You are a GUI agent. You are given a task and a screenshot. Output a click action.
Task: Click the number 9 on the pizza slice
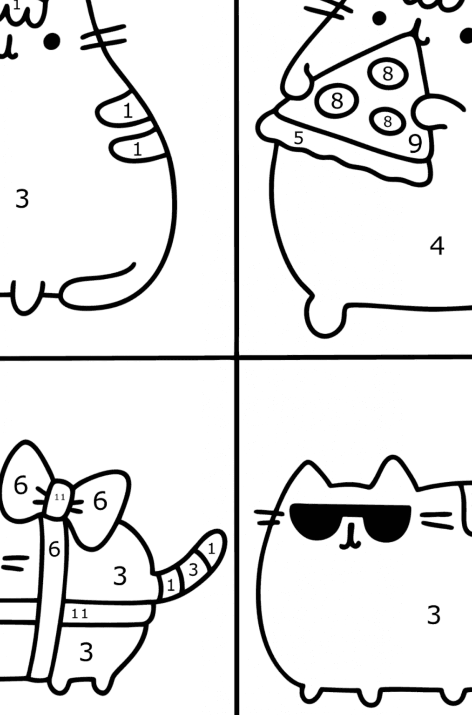tap(415, 144)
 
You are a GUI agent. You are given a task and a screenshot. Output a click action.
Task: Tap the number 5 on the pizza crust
tap(298, 138)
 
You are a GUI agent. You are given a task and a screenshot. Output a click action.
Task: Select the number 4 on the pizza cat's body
tap(437, 246)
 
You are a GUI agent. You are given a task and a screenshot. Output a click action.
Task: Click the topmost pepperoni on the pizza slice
tap(388, 73)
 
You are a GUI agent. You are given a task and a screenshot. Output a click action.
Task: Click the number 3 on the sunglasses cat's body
tap(433, 615)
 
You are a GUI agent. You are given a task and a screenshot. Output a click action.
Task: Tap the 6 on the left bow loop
tap(21, 486)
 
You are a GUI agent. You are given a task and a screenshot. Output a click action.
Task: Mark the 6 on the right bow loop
tap(100, 501)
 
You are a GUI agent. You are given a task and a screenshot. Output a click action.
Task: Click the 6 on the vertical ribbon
tap(54, 550)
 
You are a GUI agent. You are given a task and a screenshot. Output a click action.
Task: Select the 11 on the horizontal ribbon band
tap(80, 614)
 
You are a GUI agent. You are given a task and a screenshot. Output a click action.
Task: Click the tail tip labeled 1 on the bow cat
tap(212, 549)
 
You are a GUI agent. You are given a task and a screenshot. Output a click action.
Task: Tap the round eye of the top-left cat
tap(52, 42)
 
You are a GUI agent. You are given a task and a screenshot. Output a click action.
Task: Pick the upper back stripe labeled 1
tap(128, 111)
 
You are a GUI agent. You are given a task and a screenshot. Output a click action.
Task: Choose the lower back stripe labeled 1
tap(137, 149)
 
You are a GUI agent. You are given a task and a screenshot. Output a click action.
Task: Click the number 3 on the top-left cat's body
tap(22, 199)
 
